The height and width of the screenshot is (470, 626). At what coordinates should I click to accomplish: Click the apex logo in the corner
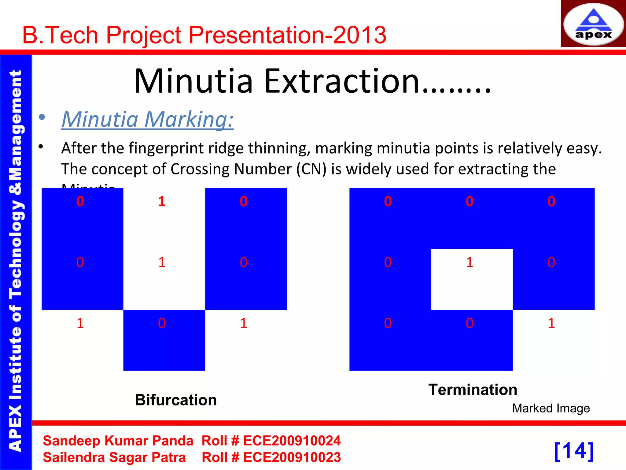(x=593, y=24)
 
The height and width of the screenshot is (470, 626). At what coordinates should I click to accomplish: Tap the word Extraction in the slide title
(x=342, y=81)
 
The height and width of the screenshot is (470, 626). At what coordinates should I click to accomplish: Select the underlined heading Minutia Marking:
(x=148, y=119)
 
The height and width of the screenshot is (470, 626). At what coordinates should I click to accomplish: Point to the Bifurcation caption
(x=176, y=400)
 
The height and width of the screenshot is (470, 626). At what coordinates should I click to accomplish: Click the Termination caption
(x=473, y=390)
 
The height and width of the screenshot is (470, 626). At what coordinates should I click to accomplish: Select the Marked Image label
(x=551, y=408)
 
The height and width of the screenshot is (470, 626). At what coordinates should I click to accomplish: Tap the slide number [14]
(x=574, y=451)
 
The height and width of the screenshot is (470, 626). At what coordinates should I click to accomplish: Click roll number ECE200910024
(x=292, y=441)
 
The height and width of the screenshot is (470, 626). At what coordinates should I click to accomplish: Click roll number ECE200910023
(x=292, y=457)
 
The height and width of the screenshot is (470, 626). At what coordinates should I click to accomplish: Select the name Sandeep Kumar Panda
(x=118, y=441)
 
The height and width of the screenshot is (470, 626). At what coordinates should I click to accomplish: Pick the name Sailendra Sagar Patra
(x=114, y=457)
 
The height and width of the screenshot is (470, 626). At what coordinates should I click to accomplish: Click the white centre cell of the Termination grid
(x=472, y=279)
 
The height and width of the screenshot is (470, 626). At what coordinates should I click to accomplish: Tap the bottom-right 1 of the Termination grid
(x=551, y=323)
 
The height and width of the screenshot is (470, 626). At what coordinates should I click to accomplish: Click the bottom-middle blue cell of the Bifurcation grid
(x=164, y=340)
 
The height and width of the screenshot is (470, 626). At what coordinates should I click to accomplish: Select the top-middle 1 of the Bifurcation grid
(x=162, y=202)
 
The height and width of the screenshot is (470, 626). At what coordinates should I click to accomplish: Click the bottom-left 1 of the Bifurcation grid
(x=80, y=323)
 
